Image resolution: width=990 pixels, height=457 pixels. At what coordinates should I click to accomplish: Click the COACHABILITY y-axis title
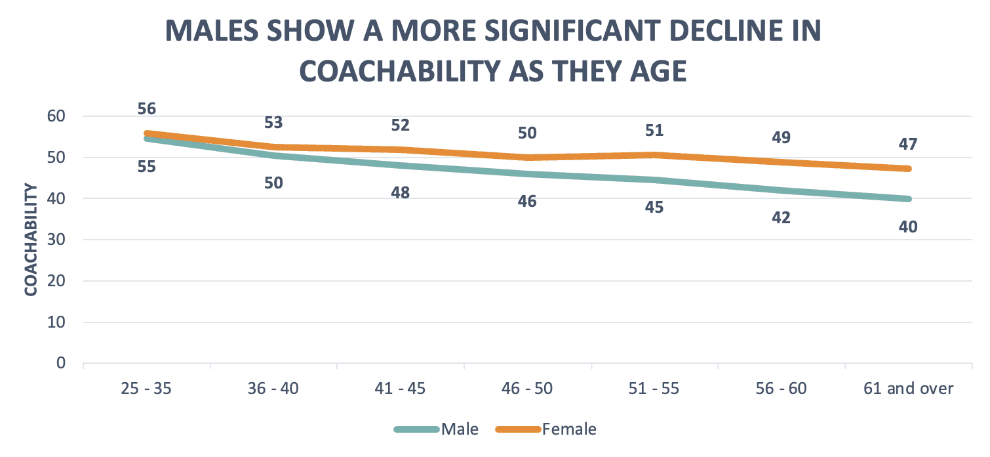31,240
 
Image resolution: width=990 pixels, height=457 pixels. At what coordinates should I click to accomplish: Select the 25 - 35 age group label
146,389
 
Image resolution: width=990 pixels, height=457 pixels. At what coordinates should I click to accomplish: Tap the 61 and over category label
908,389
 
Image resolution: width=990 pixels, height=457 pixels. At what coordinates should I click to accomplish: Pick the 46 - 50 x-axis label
527,389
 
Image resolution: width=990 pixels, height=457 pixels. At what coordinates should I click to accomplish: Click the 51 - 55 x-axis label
654,389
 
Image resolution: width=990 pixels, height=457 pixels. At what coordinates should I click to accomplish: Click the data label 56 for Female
146,109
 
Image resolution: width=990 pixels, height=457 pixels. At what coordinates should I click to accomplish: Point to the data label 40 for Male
908,227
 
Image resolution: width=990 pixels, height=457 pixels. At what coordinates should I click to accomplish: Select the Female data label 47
908,144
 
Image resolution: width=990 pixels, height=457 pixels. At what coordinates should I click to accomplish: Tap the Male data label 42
781,217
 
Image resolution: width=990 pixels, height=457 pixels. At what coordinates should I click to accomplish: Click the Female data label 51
654,130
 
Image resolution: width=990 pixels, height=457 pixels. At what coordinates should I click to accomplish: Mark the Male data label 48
400,193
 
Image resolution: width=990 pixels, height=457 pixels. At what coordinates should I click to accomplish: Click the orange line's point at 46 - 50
527,158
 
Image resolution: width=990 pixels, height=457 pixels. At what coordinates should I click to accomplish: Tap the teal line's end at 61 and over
908,198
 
